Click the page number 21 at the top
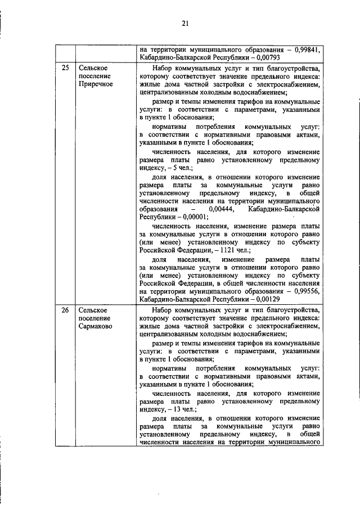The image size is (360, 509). coord(185,23)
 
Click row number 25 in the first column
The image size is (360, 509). coord(65,69)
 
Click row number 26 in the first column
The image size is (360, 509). coord(65,310)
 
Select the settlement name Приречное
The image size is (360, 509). coord(96,84)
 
